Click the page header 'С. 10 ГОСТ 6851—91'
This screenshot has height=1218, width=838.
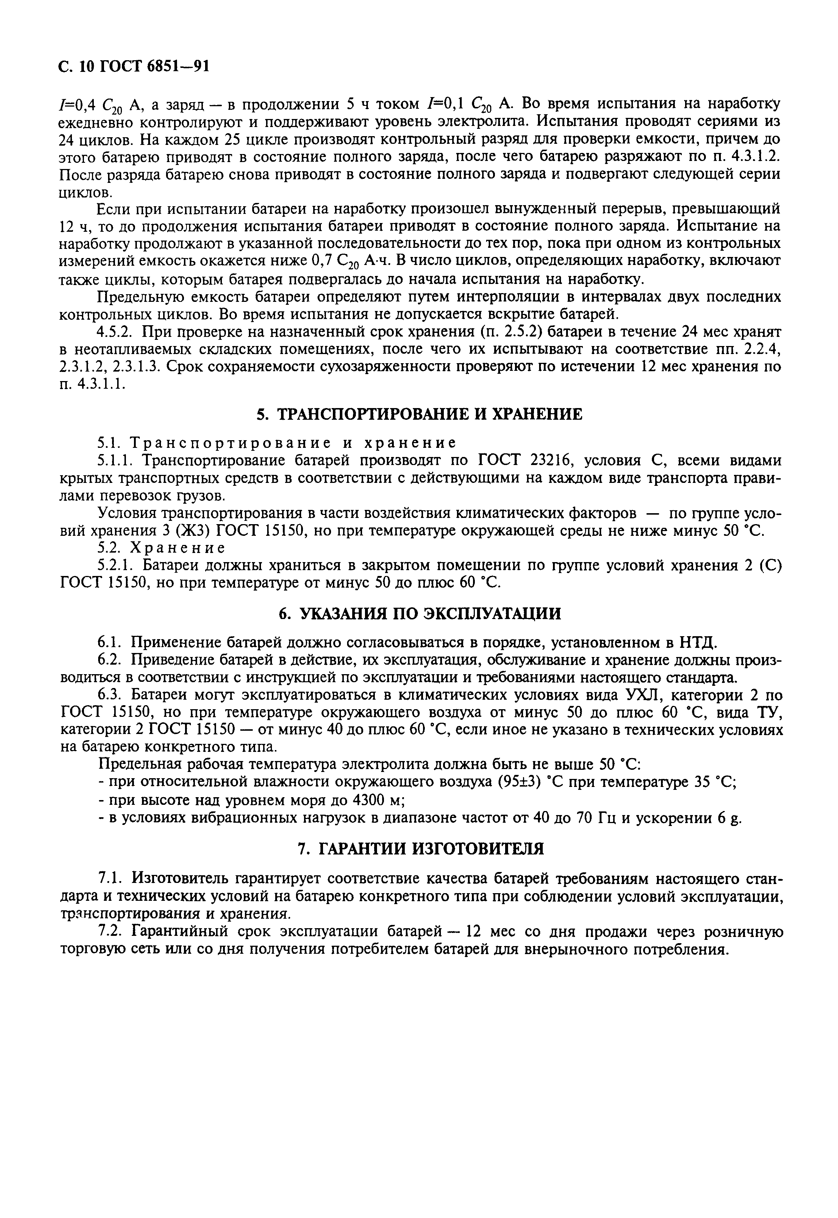click(134, 67)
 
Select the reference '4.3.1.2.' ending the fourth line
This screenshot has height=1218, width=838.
click(756, 157)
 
